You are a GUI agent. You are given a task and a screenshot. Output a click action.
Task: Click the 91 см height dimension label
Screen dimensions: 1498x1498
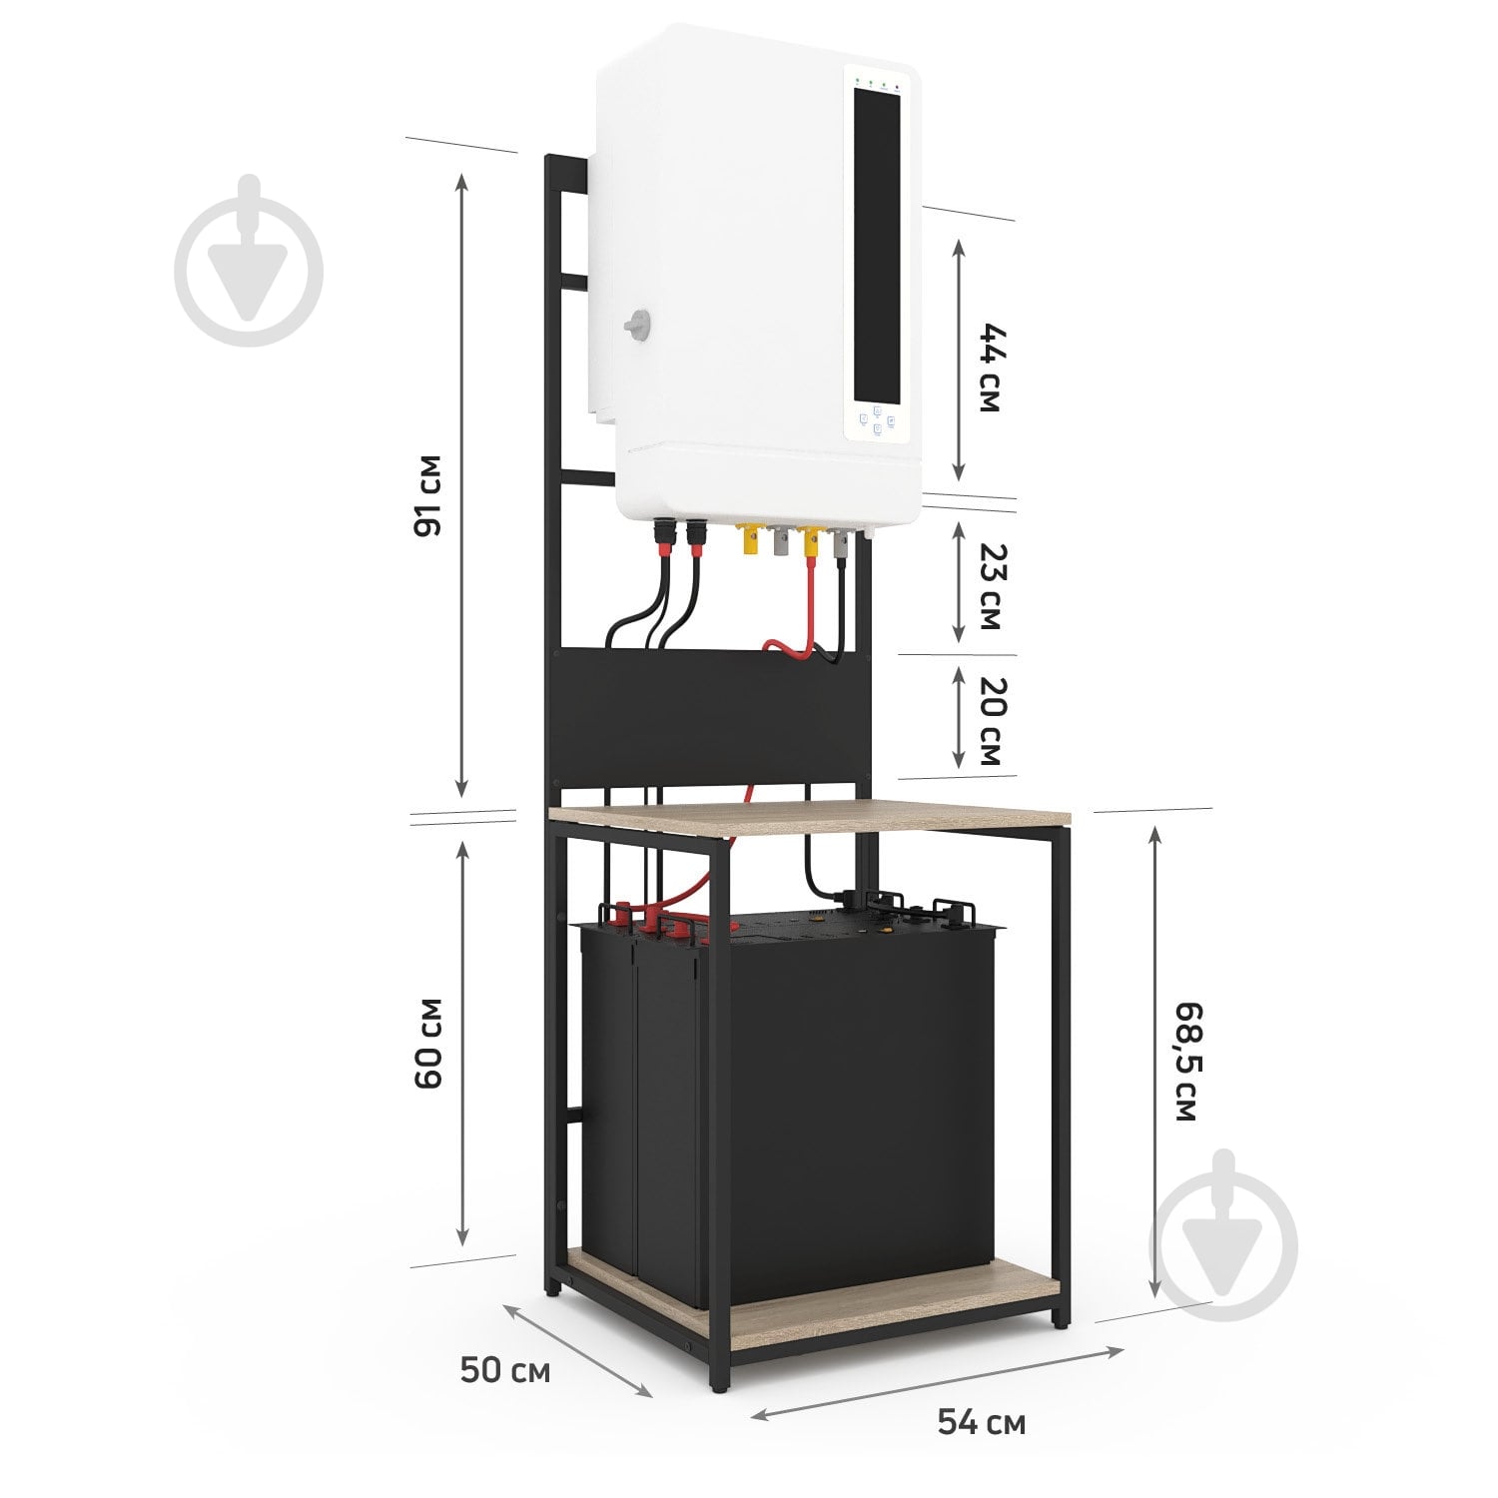point(426,496)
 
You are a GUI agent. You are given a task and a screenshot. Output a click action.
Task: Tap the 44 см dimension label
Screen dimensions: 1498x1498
point(989,368)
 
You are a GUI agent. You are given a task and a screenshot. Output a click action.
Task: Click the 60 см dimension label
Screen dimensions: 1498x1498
point(426,1043)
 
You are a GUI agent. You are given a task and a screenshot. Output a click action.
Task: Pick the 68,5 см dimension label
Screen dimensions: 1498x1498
point(1182,1061)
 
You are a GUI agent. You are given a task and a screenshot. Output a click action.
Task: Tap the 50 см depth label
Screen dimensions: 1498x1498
point(505,1371)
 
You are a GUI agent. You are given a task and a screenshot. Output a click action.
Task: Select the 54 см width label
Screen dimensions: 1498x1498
point(981,1421)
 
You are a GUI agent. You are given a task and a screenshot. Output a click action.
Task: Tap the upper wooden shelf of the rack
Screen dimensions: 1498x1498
point(810,816)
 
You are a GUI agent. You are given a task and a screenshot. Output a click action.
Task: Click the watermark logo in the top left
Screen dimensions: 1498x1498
point(249,261)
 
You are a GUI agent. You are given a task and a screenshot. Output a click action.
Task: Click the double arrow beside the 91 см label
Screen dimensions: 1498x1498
point(461,484)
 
